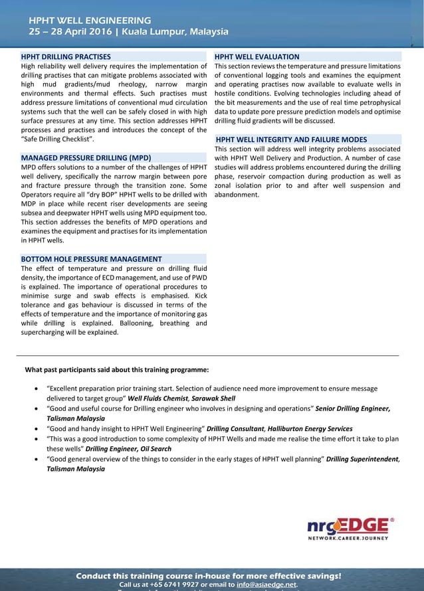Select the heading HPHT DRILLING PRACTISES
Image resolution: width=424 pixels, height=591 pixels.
tap(66, 57)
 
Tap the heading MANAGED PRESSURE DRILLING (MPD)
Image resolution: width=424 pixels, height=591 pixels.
tap(86, 158)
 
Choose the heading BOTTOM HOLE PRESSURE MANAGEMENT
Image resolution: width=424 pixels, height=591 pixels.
tap(91, 259)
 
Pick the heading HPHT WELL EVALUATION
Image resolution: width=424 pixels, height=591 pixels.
tap(257, 57)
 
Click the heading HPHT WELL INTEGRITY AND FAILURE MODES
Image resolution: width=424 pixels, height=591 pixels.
tap(301, 139)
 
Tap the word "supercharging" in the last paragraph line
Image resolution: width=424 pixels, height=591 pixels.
tap(45, 333)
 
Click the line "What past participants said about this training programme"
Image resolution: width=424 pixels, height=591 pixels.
tap(116, 369)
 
